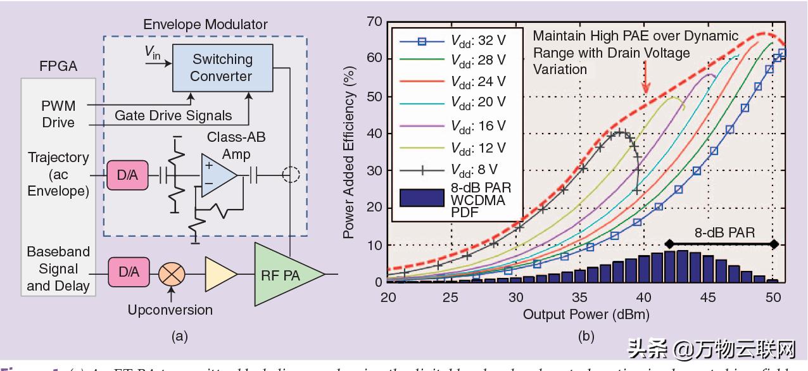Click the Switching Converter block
tap(222, 68)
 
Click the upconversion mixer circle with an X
tap(170, 274)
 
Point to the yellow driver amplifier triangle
tap(218, 274)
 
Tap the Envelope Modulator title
tap(205, 25)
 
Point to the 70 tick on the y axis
tap(375, 23)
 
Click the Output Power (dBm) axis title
tap(586, 314)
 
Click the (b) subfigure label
tap(587, 337)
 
